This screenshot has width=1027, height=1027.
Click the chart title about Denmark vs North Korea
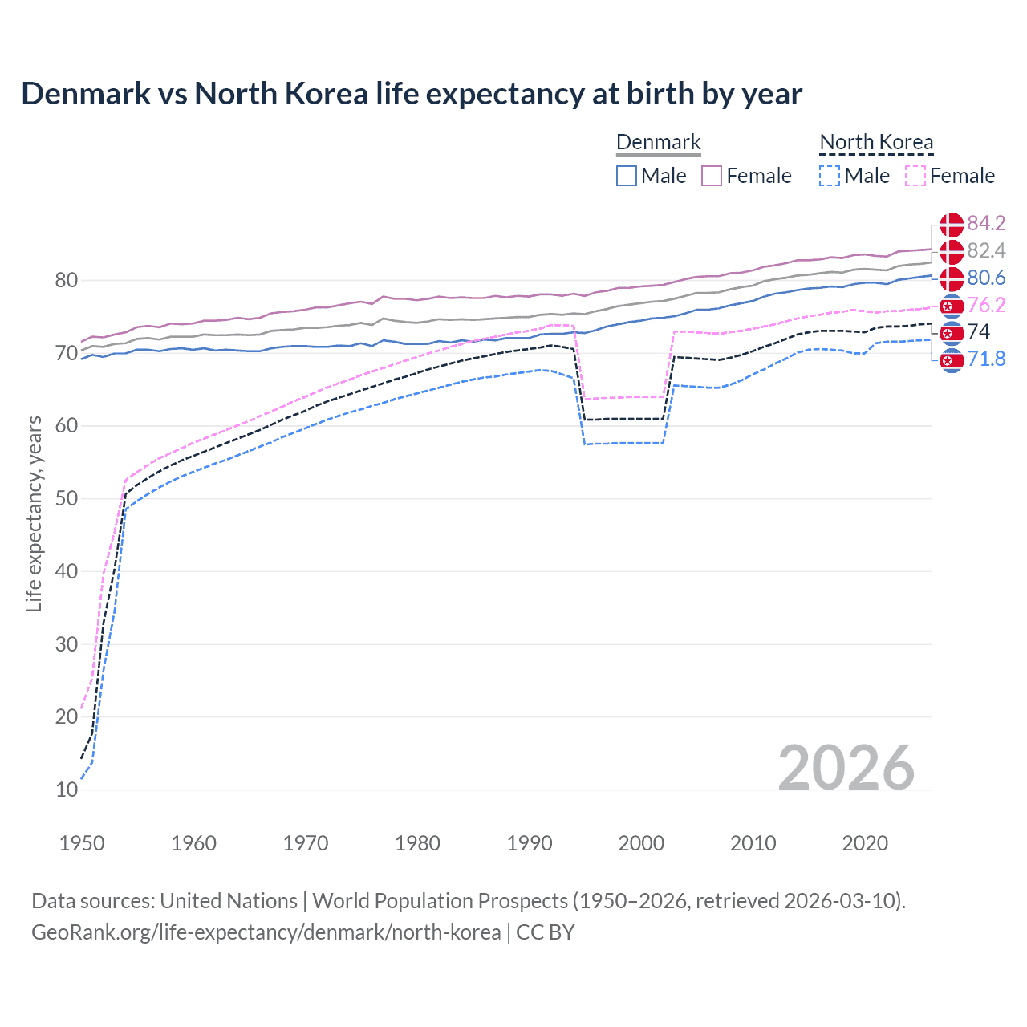click(x=412, y=94)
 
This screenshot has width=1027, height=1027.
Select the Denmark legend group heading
click(x=658, y=143)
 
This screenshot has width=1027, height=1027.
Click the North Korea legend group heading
click(x=876, y=143)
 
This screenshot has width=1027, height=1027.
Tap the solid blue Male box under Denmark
click(x=627, y=176)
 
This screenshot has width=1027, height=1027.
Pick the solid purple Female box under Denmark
click(x=712, y=176)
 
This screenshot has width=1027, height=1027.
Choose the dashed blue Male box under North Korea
click(x=830, y=176)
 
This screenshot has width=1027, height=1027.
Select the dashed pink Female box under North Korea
click(x=915, y=176)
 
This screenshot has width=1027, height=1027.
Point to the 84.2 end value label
click(x=986, y=224)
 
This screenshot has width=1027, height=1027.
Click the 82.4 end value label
click(x=986, y=251)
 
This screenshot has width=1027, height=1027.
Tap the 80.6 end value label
click(x=986, y=278)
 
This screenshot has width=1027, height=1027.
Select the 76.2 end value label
click(x=986, y=306)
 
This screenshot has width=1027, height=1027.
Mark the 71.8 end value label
click(x=986, y=359)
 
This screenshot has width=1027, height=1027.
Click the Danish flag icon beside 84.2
click(x=952, y=224)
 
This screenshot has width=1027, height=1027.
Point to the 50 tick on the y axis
click(x=67, y=499)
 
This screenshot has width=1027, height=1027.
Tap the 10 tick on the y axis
click(x=67, y=790)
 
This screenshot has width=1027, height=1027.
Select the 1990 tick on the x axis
click(x=530, y=843)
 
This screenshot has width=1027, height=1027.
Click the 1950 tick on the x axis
click(x=82, y=843)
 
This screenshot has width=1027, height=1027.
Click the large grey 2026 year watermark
click(x=846, y=768)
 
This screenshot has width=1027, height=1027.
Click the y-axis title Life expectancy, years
click(x=34, y=513)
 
